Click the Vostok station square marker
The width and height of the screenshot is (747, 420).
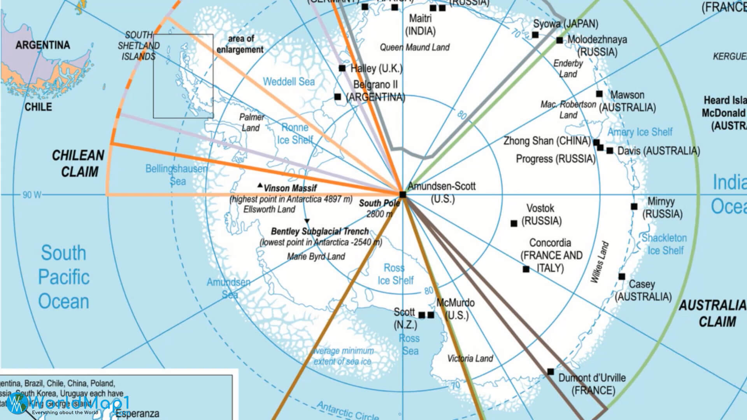click(x=514, y=223)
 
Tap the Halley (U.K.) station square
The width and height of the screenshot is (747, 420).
click(x=342, y=68)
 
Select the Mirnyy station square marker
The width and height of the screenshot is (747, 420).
click(x=634, y=206)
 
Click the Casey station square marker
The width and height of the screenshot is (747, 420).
click(x=622, y=276)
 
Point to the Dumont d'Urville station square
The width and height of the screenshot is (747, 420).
click(x=551, y=372)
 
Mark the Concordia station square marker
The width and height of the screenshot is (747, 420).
click(x=526, y=269)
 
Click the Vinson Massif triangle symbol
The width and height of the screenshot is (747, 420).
click(x=260, y=185)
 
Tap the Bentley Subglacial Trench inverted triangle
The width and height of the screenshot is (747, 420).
click(x=307, y=221)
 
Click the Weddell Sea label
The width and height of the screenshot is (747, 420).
click(x=289, y=82)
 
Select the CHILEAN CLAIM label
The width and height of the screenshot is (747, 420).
click(x=79, y=164)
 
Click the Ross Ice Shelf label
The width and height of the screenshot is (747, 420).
click(x=395, y=274)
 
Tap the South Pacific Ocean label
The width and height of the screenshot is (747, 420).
click(x=63, y=277)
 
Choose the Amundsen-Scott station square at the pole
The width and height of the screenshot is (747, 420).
click(x=403, y=194)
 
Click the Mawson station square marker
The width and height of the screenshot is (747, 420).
click(x=599, y=94)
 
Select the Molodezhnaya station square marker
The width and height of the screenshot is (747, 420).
click(x=559, y=40)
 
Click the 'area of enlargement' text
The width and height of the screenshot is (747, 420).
click(x=240, y=44)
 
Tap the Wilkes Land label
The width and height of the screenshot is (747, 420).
click(x=600, y=262)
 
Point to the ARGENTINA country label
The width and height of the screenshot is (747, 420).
click(x=43, y=45)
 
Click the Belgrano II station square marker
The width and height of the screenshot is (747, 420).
click(x=338, y=96)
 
